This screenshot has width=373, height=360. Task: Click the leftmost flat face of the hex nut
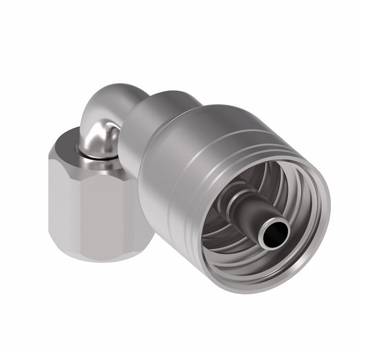pos(56,200)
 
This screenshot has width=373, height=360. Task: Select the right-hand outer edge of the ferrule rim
pos(328,222)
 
